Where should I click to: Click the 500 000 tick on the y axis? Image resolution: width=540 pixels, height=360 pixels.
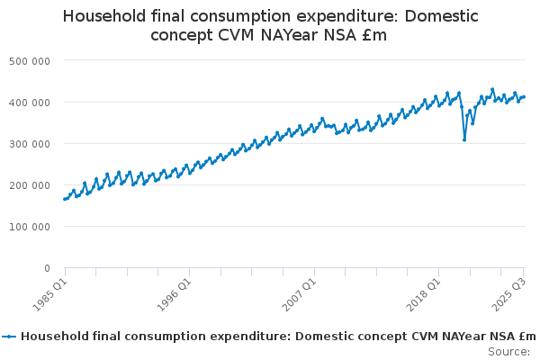tap(32, 60)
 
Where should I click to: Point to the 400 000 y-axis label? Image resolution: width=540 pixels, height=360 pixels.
tap(32, 102)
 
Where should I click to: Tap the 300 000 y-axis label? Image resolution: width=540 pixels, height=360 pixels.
tap(32, 143)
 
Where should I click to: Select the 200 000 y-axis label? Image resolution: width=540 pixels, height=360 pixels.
tap(32, 184)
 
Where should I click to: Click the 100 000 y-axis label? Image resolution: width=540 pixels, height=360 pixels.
tap(32, 226)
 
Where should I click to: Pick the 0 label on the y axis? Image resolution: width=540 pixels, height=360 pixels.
tap(45, 268)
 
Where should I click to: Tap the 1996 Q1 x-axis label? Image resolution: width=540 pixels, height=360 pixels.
tap(174, 294)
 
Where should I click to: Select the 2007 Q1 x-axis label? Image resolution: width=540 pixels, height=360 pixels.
tap(298, 294)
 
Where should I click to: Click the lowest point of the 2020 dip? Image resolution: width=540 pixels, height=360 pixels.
tap(464, 139)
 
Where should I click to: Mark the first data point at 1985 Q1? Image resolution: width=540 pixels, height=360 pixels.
tap(65, 199)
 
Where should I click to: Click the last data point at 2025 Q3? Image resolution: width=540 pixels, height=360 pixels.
tap(524, 97)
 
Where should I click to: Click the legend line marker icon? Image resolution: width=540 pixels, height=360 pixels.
tap(10, 337)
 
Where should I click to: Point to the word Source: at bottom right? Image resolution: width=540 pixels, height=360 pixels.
tap(509, 351)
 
